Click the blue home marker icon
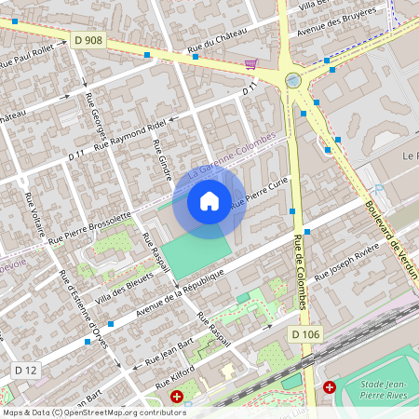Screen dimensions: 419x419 [x=209, y=201]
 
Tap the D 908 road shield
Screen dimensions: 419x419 [x=87, y=41]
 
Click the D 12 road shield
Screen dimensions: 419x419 [x=25, y=371]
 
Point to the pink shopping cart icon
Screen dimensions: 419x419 [x=250, y=64]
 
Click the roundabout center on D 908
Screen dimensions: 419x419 [x=293, y=81]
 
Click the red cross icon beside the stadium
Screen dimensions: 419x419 [x=330, y=386]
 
